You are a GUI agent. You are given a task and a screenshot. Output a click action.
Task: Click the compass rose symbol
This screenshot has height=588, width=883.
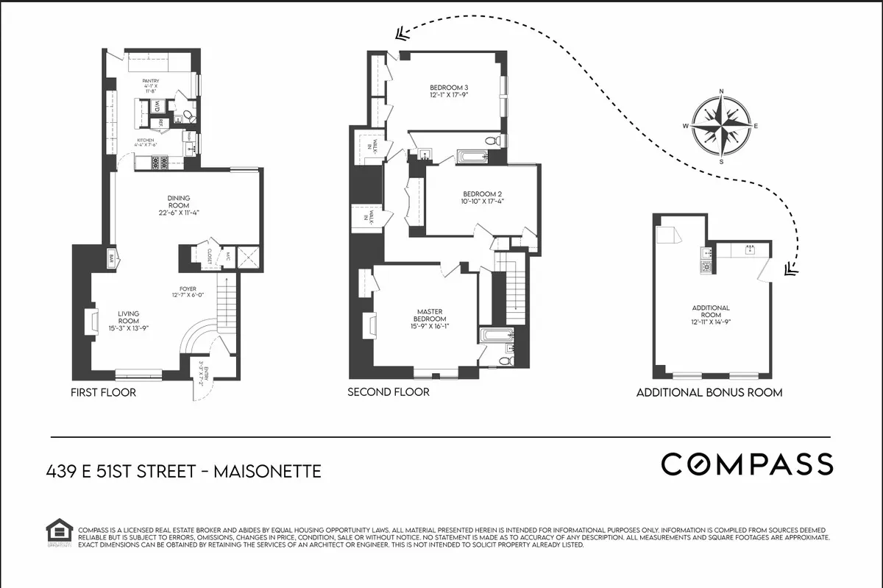(x=720, y=126)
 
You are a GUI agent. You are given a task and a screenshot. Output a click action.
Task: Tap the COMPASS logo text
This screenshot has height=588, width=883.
(x=747, y=464)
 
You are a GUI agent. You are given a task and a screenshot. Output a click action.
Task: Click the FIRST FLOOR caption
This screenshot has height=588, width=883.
(x=103, y=392)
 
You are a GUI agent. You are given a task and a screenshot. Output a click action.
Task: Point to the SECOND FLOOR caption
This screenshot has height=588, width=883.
(x=388, y=392)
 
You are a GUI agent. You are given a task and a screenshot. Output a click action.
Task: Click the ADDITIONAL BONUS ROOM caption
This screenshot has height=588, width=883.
(x=709, y=393)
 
